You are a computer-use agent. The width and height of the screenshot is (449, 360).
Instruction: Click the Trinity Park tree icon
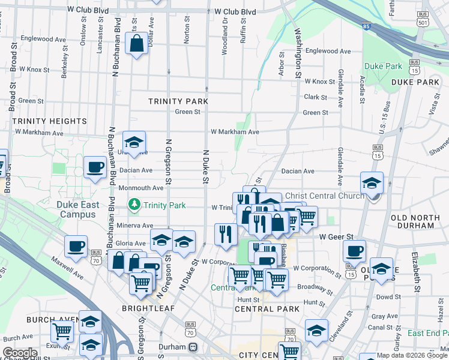pos(134,205)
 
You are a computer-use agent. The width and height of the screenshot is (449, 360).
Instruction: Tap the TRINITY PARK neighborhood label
pos(178,102)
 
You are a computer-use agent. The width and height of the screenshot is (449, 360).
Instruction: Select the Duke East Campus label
pos(78,209)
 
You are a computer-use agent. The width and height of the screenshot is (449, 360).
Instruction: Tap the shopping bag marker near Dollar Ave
pos(136,44)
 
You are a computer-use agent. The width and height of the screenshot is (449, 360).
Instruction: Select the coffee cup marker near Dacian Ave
pos(95,167)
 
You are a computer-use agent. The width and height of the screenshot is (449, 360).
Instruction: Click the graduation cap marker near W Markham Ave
pos(134,143)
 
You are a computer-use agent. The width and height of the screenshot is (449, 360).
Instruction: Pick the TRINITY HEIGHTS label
pos(50,121)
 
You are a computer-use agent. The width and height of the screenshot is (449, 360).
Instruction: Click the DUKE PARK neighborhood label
pos(415,82)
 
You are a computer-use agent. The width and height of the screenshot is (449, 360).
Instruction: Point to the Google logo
pos(20,353)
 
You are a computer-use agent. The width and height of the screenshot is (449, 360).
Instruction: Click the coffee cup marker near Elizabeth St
pos(354,251)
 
